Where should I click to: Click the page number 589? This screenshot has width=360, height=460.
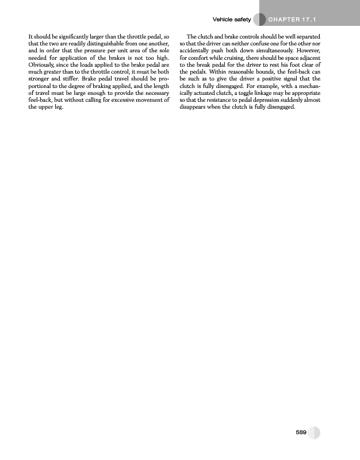[x=300, y=432]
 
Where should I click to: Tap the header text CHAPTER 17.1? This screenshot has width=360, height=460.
[x=293, y=20]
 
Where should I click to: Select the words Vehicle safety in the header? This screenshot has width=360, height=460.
[x=232, y=20]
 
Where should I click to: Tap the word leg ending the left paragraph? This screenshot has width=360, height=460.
[x=59, y=107]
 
